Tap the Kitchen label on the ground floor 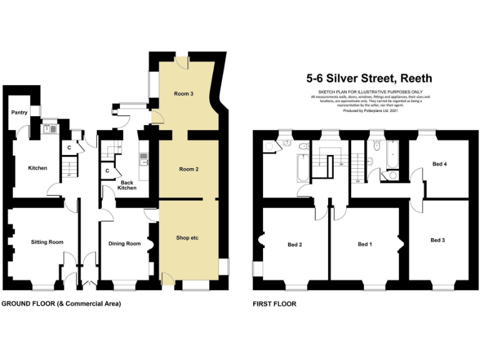pyautogui.click(x=37, y=167)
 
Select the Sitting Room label pyautogui.click(x=47, y=242)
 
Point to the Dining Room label pyautogui.click(x=125, y=243)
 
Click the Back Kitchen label pyautogui.click(x=127, y=184)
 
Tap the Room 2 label pyautogui.click(x=188, y=169)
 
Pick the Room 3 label pyautogui.click(x=183, y=94)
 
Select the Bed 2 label pyautogui.click(x=295, y=244)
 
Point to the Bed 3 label pyautogui.click(x=438, y=240)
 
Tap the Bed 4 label pyautogui.click(x=439, y=164)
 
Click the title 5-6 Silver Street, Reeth pyautogui.click(x=369, y=79)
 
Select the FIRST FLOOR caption pyautogui.click(x=274, y=304)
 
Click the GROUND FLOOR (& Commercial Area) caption pyautogui.click(x=61, y=304)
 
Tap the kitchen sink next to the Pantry pyautogui.click(x=51, y=129)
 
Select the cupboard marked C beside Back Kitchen pyautogui.click(x=107, y=171)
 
